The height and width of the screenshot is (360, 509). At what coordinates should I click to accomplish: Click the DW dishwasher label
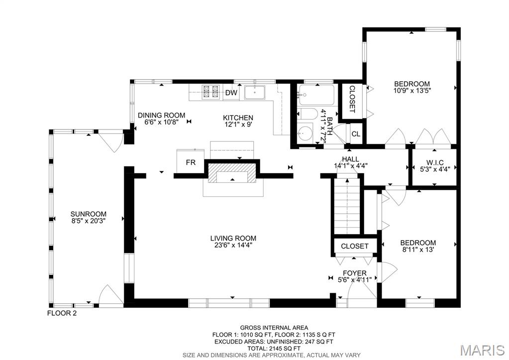(x=231, y=93)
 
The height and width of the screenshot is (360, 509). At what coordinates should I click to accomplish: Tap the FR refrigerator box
(x=190, y=161)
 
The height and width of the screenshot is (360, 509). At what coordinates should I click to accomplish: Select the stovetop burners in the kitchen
(x=210, y=92)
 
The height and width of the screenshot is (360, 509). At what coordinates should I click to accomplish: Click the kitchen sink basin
(x=255, y=92)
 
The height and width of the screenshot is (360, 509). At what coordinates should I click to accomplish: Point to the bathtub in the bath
(x=316, y=95)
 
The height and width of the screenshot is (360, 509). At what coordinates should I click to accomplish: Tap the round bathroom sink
(x=305, y=132)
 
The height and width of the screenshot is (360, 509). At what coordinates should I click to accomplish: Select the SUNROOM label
(x=88, y=214)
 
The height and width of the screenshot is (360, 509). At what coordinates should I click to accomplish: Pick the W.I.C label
(x=435, y=162)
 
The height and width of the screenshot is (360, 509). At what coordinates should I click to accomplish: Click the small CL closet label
(x=356, y=134)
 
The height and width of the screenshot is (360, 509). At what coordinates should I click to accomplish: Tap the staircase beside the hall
(x=347, y=206)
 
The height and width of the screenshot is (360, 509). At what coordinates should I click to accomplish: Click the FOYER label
(x=354, y=273)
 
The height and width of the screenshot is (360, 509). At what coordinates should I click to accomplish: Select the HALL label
(x=351, y=159)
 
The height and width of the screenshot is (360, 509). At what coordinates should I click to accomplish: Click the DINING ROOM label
(x=161, y=116)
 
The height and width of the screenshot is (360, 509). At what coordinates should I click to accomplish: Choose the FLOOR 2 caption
(x=62, y=314)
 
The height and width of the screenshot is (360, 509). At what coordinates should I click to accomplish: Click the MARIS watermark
(x=483, y=350)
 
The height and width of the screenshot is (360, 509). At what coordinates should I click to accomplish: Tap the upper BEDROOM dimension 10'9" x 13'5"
(x=412, y=91)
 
